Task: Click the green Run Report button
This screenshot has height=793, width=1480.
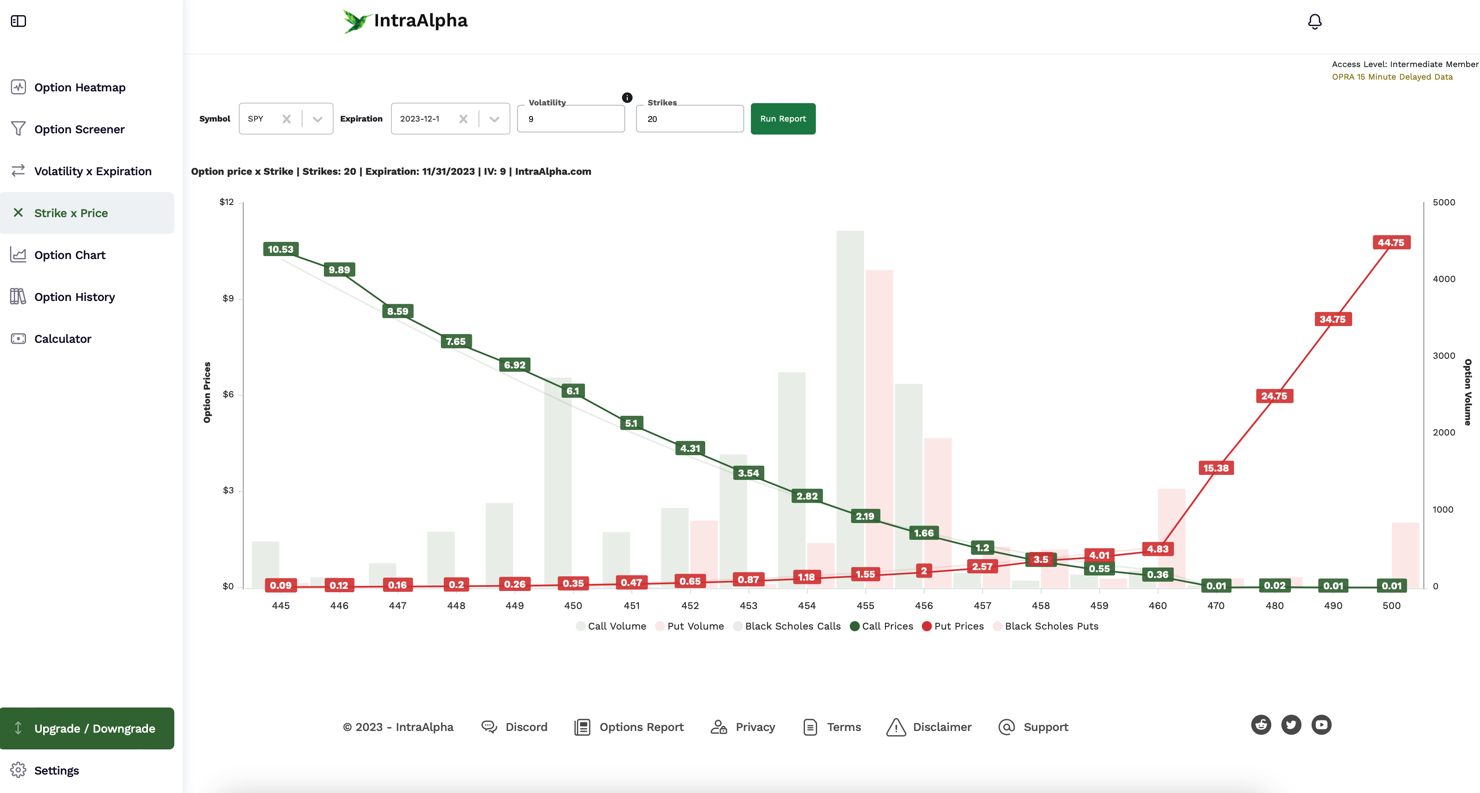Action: pyautogui.click(x=782, y=119)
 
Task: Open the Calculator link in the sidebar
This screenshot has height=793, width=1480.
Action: pyautogui.click(x=62, y=339)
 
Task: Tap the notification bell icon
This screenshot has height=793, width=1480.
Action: pyautogui.click(x=1314, y=22)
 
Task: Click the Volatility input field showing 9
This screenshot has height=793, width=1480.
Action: pyautogui.click(x=571, y=119)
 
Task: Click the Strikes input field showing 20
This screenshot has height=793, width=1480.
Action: pyautogui.click(x=689, y=119)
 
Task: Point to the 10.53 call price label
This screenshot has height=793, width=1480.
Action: pyautogui.click(x=280, y=249)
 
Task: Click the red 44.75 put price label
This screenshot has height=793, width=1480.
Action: pyautogui.click(x=1390, y=243)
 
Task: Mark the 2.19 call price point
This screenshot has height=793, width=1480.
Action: pyautogui.click(x=865, y=516)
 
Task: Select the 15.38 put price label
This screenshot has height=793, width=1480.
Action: pyautogui.click(x=1216, y=468)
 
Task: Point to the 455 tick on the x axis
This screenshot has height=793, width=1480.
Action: pyautogui.click(x=865, y=606)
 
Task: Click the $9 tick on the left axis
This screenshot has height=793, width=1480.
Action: pyautogui.click(x=228, y=298)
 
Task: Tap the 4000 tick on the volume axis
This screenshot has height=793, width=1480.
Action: pyautogui.click(x=1444, y=279)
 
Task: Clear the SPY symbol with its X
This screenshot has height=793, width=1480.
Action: pyautogui.click(x=286, y=119)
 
